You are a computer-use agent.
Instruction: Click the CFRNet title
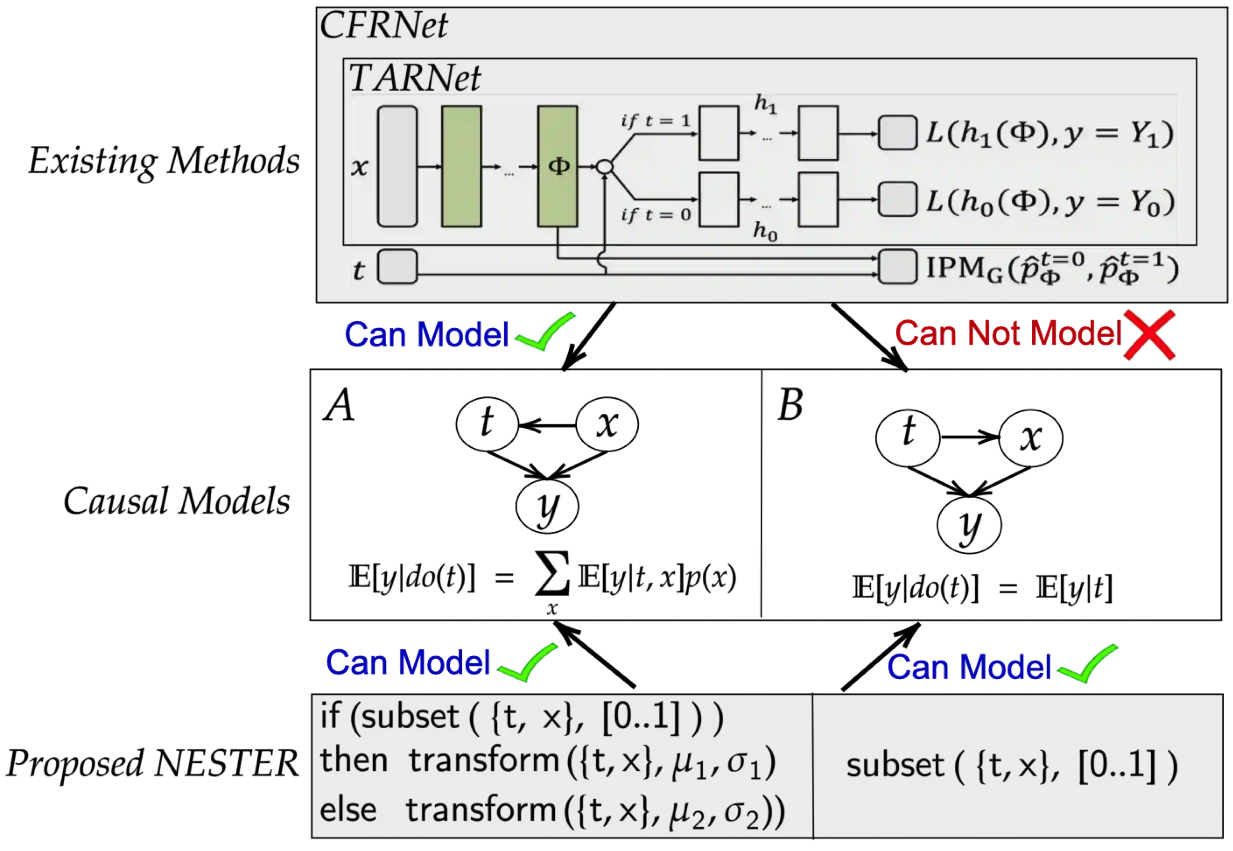pos(383,26)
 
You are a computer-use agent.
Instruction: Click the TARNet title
pos(414,78)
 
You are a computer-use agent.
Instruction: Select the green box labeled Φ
pos(557,166)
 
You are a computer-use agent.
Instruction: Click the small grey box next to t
pos(397,267)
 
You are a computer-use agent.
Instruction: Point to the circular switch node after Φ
pos(604,167)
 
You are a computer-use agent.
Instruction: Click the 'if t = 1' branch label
pos(655,121)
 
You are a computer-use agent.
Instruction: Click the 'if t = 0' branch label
pos(655,215)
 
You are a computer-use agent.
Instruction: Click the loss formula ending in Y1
pos(1049,133)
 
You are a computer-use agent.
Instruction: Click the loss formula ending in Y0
pos(1050,202)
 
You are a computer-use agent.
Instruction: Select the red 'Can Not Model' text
pos(1008,334)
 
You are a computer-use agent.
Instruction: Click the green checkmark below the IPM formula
pos(1088,664)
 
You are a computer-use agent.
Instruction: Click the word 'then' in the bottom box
pos(353,760)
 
